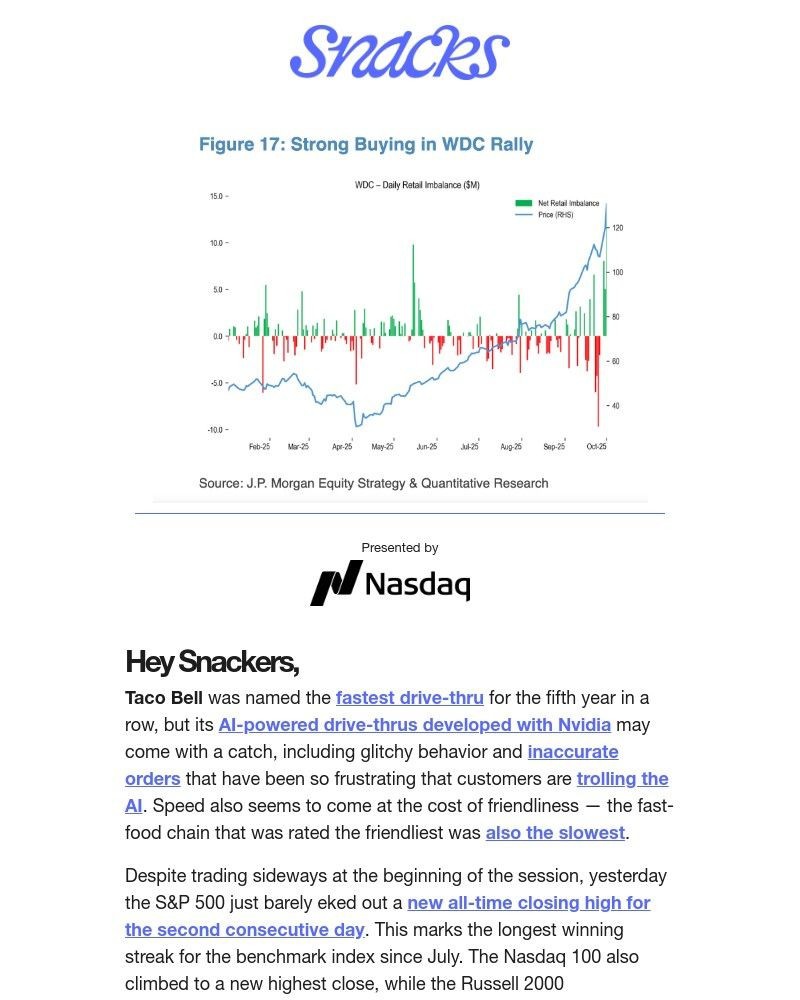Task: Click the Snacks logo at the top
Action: click(x=399, y=52)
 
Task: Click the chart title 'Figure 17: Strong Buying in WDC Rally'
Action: click(x=366, y=144)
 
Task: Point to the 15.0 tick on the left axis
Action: click(x=216, y=196)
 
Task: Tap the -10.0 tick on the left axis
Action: click(x=215, y=430)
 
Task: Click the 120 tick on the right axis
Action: click(x=617, y=228)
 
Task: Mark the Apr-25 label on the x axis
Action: click(x=342, y=447)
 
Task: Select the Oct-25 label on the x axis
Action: click(x=597, y=447)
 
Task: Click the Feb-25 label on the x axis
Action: click(x=259, y=447)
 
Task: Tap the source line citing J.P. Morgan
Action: click(x=373, y=483)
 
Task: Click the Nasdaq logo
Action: click(x=390, y=583)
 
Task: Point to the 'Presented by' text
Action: click(x=400, y=547)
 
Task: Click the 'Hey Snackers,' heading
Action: click(x=212, y=662)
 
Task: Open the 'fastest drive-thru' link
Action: click(x=409, y=697)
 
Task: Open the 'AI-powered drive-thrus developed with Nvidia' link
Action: click(x=414, y=724)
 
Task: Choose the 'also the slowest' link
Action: click(x=555, y=832)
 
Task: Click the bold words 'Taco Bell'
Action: click(x=163, y=697)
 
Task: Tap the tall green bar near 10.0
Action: click(x=413, y=290)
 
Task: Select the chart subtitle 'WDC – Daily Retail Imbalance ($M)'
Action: click(x=417, y=185)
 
